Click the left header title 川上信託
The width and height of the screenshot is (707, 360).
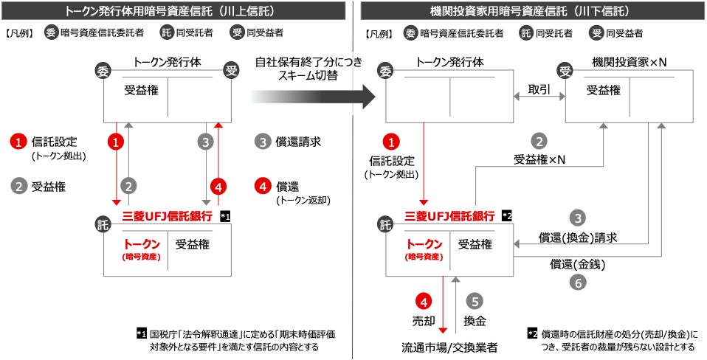(175, 11)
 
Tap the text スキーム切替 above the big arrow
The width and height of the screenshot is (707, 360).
(308, 75)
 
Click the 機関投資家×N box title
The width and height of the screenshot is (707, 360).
(630, 63)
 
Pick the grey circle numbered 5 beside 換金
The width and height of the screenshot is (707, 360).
(475, 301)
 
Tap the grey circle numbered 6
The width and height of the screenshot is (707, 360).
(578, 281)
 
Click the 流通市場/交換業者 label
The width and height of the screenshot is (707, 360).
(449, 346)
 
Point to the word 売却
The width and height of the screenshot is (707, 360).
(424, 322)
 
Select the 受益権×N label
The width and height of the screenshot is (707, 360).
(539, 159)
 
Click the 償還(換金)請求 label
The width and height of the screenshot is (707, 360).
(578, 238)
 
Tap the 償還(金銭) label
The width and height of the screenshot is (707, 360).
(578, 263)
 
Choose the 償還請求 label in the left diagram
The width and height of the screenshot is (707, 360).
(297, 141)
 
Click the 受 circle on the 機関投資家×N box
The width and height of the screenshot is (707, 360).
(566, 72)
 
